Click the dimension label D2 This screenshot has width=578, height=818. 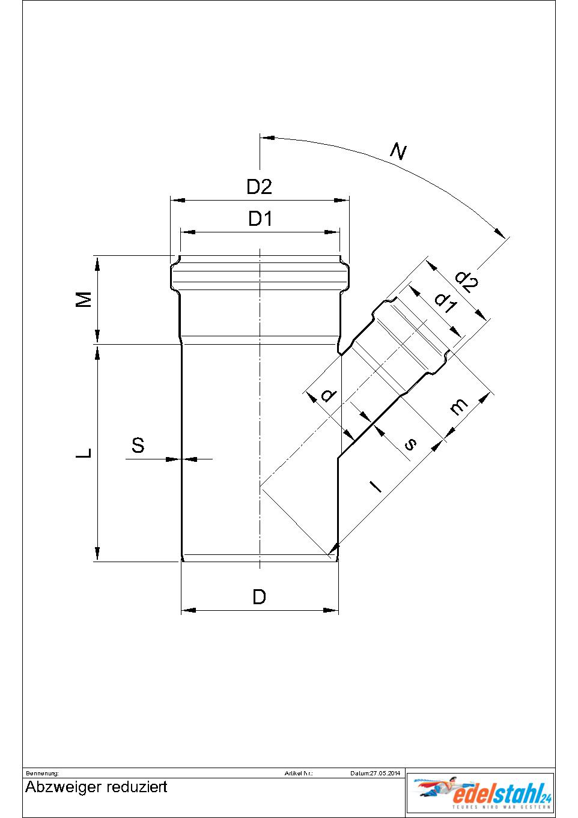coord(260,187)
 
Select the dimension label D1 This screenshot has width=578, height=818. coord(260,219)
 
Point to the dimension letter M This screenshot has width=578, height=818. coord(85,299)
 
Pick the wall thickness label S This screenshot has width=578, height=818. coord(138,446)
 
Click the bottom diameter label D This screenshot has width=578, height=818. coord(259,597)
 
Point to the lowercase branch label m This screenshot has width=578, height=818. coord(458,408)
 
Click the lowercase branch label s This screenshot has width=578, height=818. coord(410,444)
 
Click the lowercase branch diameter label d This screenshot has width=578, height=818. coord(328,395)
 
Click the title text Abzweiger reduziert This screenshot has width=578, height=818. coord(96,787)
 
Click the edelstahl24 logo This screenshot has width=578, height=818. coord(481,794)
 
